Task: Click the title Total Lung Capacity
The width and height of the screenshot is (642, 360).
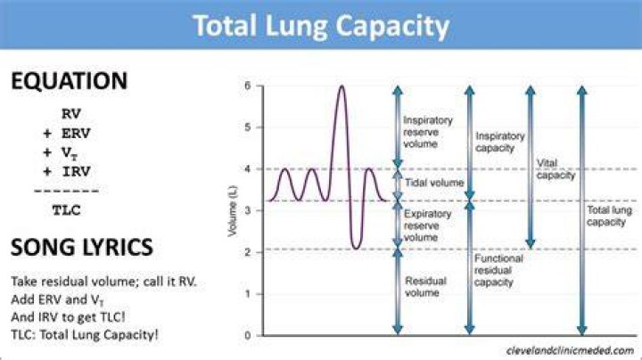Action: point(321,26)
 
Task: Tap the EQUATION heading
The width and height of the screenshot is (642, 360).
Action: point(70,80)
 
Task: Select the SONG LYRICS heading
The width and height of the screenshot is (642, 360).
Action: point(82,247)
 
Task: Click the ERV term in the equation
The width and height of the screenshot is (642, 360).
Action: point(76,133)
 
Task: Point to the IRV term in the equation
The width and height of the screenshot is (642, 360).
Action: point(76,171)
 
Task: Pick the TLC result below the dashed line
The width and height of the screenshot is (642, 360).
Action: point(66,210)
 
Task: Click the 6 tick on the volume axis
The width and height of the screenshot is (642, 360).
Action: point(247,86)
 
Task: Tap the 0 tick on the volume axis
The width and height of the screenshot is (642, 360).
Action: point(247,335)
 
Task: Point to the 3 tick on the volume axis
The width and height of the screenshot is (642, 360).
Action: point(247,210)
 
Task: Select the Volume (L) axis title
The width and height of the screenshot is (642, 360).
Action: point(232,210)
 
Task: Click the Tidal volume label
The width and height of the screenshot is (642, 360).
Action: point(434,183)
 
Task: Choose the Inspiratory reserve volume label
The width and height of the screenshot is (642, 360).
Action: point(427,132)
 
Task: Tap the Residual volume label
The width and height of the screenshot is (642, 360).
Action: point(425,287)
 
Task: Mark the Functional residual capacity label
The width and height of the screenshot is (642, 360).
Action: point(498,270)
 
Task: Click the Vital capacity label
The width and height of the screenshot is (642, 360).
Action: point(556,169)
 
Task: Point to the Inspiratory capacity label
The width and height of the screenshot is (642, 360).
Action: point(499,142)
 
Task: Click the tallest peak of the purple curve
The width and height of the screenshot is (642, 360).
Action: point(342,86)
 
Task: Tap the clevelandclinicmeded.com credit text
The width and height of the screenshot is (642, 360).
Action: point(570,350)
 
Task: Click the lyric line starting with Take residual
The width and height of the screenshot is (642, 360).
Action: point(103,282)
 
